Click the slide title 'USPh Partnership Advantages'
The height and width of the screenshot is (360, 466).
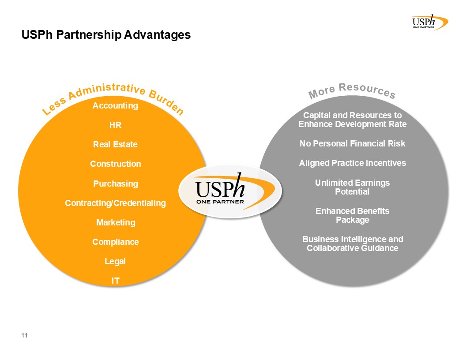[106, 35]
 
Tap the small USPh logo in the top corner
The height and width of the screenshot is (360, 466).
[428, 22]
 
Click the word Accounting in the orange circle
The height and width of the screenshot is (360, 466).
[115, 106]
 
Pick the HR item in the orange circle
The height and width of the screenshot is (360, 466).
[115, 125]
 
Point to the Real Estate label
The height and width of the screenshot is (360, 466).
[115, 145]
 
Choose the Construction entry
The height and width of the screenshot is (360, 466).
[115, 164]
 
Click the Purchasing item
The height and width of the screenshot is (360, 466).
[115, 184]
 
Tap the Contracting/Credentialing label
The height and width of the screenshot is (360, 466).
[115, 203]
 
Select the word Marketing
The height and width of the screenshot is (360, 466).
[116, 223]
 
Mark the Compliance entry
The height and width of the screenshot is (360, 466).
[115, 242]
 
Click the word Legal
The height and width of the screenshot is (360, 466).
[115, 262]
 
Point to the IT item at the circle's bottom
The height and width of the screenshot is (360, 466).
[115, 281]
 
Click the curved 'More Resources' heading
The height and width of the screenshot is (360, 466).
[352, 90]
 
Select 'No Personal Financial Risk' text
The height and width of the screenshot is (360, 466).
[352, 144]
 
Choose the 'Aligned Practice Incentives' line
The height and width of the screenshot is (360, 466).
[352, 163]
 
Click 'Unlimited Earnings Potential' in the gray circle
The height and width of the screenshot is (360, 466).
[352, 187]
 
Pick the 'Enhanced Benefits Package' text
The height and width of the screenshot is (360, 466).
[352, 215]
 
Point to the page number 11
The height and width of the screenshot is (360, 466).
[24, 336]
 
